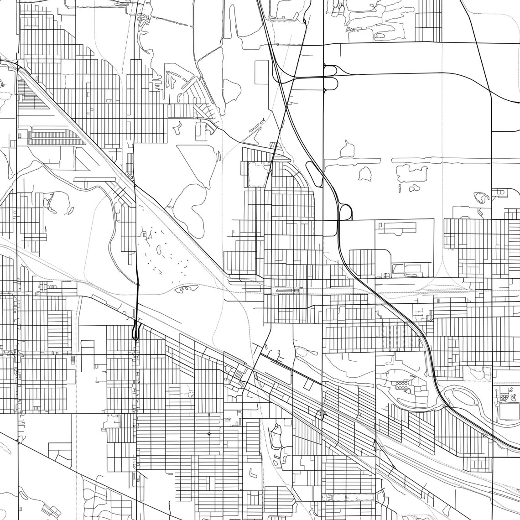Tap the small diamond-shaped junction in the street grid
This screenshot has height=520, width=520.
point(209,433)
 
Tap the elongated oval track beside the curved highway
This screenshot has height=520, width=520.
point(315,173)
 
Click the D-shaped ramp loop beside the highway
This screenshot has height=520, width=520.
point(345,212)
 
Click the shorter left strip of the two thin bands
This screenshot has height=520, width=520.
point(351,161)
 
